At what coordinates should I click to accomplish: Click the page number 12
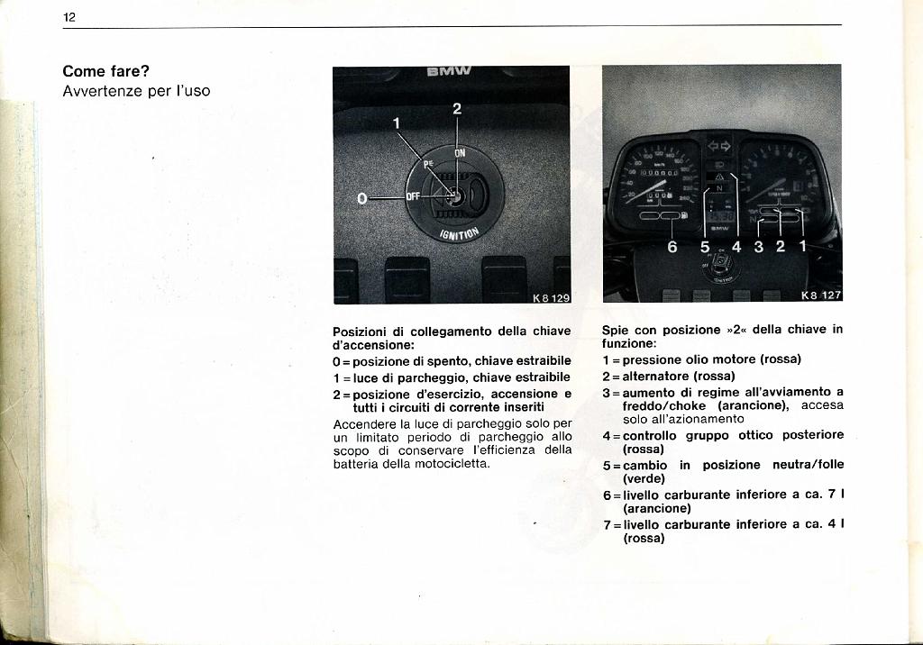[69, 17]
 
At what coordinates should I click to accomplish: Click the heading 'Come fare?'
[105, 72]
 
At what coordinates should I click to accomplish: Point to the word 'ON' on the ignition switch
[460, 153]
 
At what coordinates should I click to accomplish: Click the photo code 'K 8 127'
[820, 295]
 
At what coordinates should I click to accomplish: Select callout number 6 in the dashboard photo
[672, 246]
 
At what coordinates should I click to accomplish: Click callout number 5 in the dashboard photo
[706, 246]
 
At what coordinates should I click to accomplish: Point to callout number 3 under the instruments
[758, 246]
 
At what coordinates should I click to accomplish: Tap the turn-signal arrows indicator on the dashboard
[718, 145]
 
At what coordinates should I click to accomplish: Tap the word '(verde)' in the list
[644, 479]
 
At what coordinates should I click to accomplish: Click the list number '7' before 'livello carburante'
[607, 523]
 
